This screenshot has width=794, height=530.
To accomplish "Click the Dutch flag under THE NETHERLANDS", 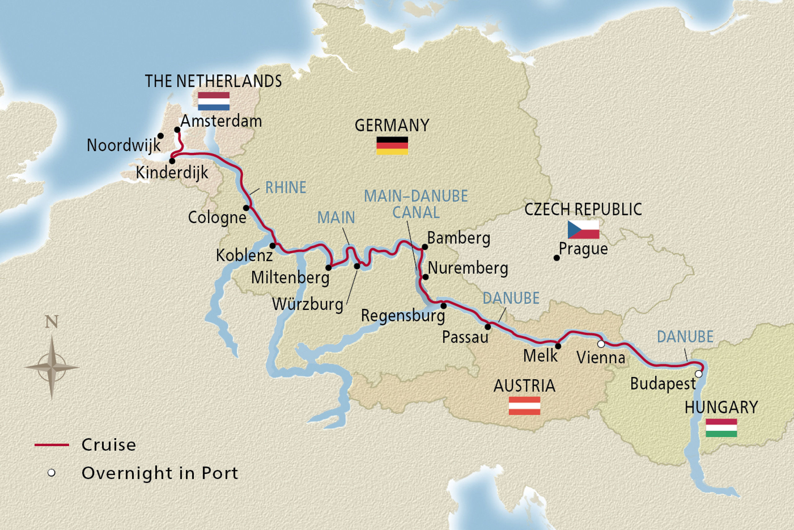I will click(213, 101).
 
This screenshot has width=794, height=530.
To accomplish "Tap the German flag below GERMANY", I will click(392, 146).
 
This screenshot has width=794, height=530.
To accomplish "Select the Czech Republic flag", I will click(583, 229).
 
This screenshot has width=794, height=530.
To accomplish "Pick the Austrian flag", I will click(524, 405).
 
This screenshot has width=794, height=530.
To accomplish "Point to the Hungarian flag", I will click(721, 428).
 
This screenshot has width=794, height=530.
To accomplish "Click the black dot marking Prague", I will click(557, 258).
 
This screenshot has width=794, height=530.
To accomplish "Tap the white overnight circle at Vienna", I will click(601, 344).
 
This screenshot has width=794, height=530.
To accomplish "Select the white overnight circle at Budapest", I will click(698, 374).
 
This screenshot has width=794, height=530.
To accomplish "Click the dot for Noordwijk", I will click(161, 136).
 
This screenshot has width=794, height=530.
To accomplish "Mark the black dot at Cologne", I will click(247, 208).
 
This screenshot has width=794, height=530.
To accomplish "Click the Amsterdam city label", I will click(221, 121).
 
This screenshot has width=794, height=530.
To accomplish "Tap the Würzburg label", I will click(308, 304).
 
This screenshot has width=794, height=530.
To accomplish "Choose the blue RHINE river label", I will click(286, 187).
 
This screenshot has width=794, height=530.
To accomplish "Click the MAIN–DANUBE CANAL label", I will click(416, 204).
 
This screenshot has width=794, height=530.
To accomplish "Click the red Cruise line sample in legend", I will click(52, 445).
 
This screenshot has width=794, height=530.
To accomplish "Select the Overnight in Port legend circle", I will click(51, 473).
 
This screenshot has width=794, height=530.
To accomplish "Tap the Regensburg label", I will click(403, 316).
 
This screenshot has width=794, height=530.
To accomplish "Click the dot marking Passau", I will click(488, 327).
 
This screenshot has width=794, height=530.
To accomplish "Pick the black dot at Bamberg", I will click(425, 247).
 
